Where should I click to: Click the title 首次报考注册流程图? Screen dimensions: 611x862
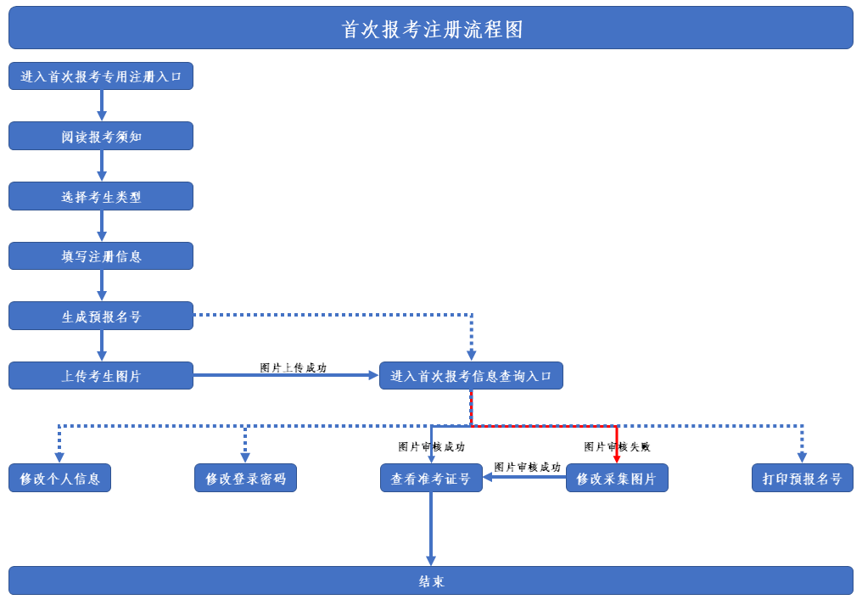(x=431, y=28)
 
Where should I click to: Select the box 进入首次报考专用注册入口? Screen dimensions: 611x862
(x=101, y=76)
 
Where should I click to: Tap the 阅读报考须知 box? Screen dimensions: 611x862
(x=101, y=136)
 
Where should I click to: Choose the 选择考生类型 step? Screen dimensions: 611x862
(x=101, y=196)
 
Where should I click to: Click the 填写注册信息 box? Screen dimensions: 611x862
(x=101, y=256)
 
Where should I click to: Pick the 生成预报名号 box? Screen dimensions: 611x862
(x=101, y=316)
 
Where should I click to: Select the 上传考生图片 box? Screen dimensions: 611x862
(x=101, y=376)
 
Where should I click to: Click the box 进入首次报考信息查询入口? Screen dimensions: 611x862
(x=471, y=376)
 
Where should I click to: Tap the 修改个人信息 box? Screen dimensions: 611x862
(x=59, y=478)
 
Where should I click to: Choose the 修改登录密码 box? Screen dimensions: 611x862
(x=245, y=478)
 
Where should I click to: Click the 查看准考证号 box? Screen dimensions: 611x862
(x=431, y=478)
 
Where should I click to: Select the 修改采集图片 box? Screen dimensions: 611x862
(x=617, y=478)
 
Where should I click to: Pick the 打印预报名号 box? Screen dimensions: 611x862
(x=802, y=478)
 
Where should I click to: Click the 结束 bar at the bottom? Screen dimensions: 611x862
(x=431, y=580)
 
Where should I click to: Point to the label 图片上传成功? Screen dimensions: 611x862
(x=293, y=367)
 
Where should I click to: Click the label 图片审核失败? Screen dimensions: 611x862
(x=617, y=446)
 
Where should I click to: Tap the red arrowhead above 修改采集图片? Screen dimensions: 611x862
(x=617, y=458)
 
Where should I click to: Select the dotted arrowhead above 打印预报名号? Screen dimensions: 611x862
(x=802, y=457)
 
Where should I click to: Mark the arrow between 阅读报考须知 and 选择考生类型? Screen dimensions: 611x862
(x=102, y=165)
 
